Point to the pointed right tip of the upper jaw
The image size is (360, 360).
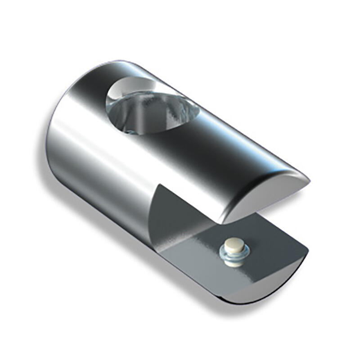[x=308, y=180]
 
